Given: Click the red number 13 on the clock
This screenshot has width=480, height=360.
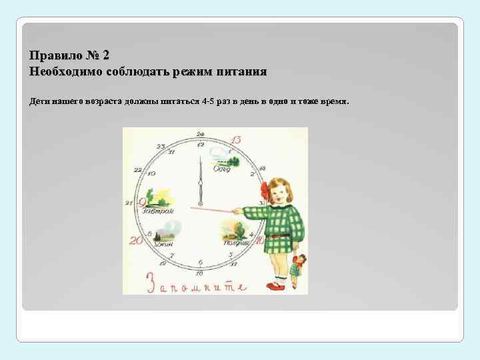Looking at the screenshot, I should click(x=235, y=140).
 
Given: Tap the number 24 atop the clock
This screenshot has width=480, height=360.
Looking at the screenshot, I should click(x=200, y=135).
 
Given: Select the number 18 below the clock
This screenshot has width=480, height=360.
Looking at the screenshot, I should click(x=199, y=273).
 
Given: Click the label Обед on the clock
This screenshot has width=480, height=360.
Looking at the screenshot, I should click(x=222, y=169).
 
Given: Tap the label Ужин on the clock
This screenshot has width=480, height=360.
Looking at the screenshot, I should click(x=163, y=244).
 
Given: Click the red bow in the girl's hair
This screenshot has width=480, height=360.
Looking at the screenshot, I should click(x=265, y=188).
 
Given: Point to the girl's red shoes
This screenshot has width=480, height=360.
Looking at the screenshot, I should click(x=275, y=285).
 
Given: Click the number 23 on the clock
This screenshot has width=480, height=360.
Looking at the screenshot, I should click(x=161, y=146).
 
